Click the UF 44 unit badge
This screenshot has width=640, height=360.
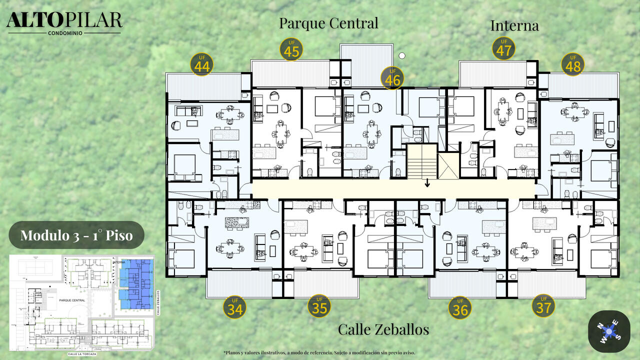tap(202, 64)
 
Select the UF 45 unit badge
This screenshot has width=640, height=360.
tap(291, 49)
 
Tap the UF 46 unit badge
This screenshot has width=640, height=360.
tap(392, 78)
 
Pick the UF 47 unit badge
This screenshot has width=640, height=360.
tap(503, 48)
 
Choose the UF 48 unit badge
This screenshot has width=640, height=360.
tap(572, 64)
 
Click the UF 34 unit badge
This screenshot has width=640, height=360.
tap(234, 307)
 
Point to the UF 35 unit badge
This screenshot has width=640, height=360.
tap(319, 306)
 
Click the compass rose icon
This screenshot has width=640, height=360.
tap(609, 331)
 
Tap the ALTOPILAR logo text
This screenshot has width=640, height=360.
tap(64, 20)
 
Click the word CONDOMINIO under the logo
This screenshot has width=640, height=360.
tap(64, 33)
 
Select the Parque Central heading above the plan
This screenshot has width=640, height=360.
tap(328, 23)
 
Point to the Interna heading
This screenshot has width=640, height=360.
tap(514, 25)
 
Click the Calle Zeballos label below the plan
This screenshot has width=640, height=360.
tap(383, 329)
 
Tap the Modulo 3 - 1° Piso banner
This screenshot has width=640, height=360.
tap(76, 235)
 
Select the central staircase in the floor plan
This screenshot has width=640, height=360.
tap(422, 161)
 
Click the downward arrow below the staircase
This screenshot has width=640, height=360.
tap(427, 183)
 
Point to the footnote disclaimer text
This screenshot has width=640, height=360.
tap(319, 352)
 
